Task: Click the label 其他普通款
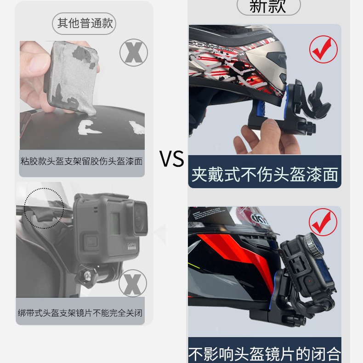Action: (x=85, y=23)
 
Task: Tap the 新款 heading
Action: (x=267, y=6)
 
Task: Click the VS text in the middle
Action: (x=172, y=159)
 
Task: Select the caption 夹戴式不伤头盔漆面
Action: (x=265, y=175)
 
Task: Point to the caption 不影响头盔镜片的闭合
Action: (x=265, y=354)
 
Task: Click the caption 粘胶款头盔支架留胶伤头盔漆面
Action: (x=82, y=162)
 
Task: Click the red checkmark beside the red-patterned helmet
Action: (x=323, y=50)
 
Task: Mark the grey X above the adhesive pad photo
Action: (x=133, y=53)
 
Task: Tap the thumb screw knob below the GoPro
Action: (x=86, y=277)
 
